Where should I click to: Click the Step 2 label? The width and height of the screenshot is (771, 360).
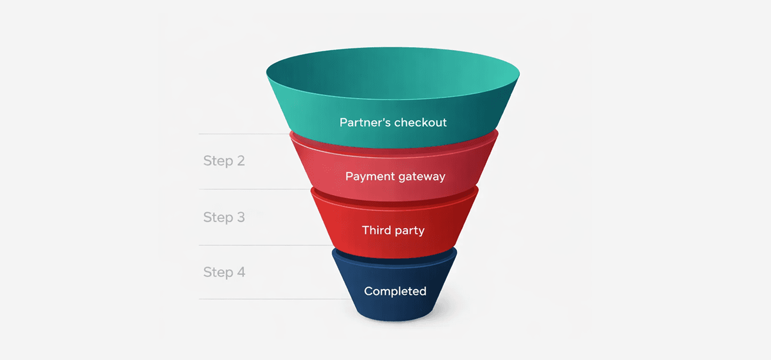tap(224, 161)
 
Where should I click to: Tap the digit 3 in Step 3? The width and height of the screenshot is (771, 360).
tap(240, 217)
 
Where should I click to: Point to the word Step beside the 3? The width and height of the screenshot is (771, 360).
tap(217, 218)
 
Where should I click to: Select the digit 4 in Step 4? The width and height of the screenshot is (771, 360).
tap(241, 272)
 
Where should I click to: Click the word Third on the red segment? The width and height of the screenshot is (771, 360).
tap(375, 230)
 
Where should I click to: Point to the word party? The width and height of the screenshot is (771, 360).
tap(409, 231)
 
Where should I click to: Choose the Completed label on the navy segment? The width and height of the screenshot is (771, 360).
tap(395, 291)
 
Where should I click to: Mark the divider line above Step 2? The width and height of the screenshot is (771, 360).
tap(243, 134)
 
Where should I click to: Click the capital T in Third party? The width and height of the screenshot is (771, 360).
tap(366, 230)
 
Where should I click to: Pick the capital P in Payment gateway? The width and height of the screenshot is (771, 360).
tap(349, 177)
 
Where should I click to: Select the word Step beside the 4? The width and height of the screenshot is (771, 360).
tap(217, 273)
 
